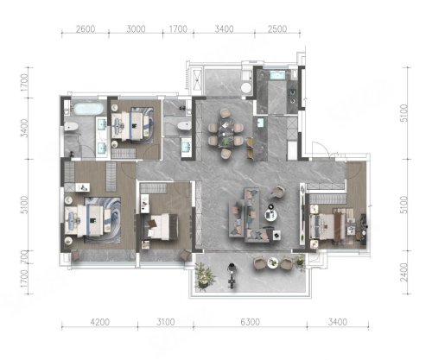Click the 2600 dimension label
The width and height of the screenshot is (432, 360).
(x=86, y=29)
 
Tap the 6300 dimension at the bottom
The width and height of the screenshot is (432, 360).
(x=250, y=322)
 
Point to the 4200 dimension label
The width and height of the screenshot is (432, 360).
(x=100, y=322)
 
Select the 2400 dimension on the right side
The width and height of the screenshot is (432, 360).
(x=404, y=272)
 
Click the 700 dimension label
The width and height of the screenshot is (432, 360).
(x=25, y=256)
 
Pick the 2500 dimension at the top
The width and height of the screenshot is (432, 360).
(x=277, y=29)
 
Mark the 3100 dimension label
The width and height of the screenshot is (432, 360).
(x=166, y=322)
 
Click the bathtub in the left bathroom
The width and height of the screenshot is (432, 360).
(x=88, y=109)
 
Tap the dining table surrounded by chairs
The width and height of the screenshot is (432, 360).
(x=226, y=133)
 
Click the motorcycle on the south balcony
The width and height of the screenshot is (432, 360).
(x=232, y=275)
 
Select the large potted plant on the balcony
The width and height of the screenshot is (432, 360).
(x=205, y=275)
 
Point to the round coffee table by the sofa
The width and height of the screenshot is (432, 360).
(x=271, y=214)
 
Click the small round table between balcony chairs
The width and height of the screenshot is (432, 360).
(x=272, y=263)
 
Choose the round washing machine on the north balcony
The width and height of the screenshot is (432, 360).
(x=246, y=87)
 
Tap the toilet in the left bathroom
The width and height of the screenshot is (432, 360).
(x=72, y=126)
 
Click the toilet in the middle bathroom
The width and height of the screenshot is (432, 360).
(x=184, y=126)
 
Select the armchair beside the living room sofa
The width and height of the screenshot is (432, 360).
(x=278, y=192)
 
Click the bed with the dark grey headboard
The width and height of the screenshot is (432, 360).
(x=160, y=226)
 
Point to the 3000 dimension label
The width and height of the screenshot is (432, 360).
(x=136, y=29)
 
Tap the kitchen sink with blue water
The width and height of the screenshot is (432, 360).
(x=277, y=75)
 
